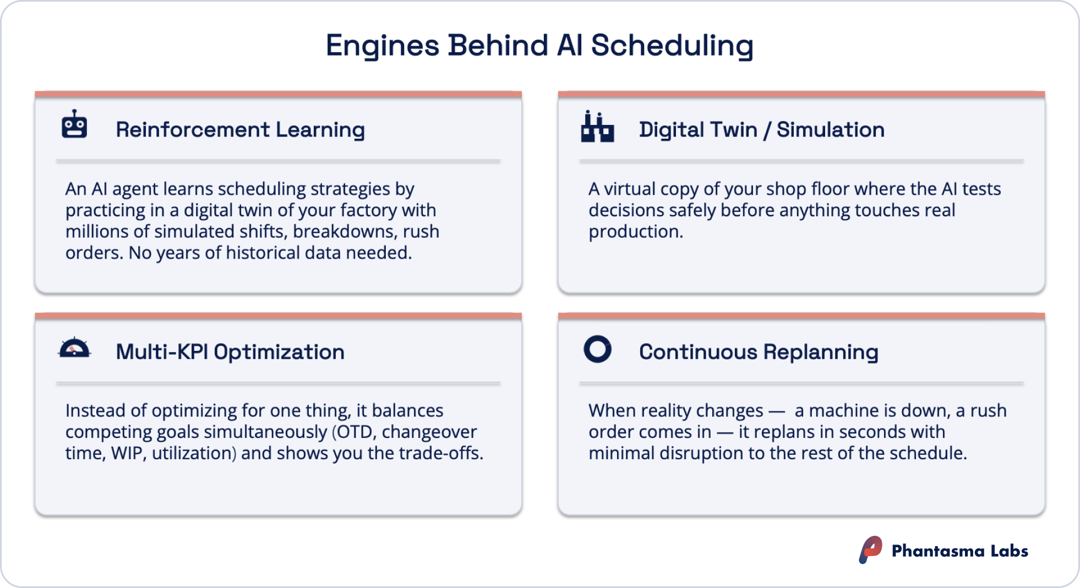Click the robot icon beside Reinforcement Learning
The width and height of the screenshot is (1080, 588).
pyautogui.click(x=74, y=125)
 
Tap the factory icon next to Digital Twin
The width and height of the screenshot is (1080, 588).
pyautogui.click(x=597, y=128)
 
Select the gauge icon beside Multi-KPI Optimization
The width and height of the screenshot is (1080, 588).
pyautogui.click(x=74, y=348)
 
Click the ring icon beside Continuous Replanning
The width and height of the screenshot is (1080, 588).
pyautogui.click(x=597, y=349)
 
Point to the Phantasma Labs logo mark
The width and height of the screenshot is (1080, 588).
pyautogui.click(x=870, y=549)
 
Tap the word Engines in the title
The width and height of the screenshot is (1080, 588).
pyautogui.click(x=382, y=45)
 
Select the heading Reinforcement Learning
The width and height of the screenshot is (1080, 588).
pyautogui.click(x=240, y=130)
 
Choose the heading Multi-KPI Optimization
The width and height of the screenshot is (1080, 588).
pyautogui.click(x=230, y=352)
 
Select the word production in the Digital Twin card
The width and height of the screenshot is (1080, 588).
pyautogui.click(x=635, y=232)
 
